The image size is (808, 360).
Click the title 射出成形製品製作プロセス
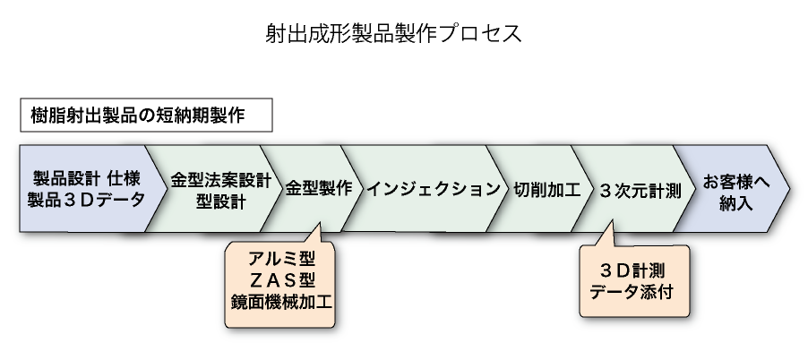pyautogui.click(x=393, y=33)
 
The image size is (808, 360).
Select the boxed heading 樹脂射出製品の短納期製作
pyautogui.click(x=138, y=116)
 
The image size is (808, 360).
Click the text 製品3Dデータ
pyautogui.click(x=86, y=200)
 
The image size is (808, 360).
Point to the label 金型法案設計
pyautogui.click(x=220, y=178)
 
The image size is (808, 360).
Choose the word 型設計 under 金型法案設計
pyautogui.click(x=220, y=201)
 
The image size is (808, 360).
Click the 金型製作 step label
pyautogui.click(x=318, y=189)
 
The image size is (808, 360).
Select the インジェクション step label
pyautogui.click(x=434, y=189)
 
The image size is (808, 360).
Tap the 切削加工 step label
pyautogui.click(x=547, y=189)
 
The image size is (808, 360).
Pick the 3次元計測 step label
pyautogui.click(x=639, y=189)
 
